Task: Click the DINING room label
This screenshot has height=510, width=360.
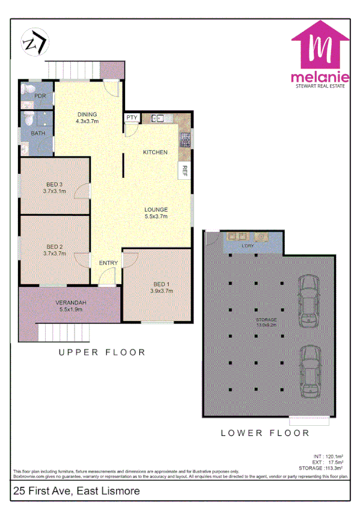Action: click(87, 114)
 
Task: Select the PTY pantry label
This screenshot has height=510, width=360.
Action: click(132, 117)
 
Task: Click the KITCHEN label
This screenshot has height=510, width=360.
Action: click(155, 152)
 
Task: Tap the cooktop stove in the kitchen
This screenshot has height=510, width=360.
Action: click(185, 141)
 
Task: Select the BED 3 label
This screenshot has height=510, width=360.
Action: click(55, 184)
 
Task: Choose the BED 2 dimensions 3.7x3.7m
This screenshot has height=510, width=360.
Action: click(55, 253)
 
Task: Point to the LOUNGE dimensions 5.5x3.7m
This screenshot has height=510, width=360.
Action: click(156, 216)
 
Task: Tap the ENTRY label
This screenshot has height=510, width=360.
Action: click(108, 263)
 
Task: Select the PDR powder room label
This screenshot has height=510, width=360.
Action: click(40, 96)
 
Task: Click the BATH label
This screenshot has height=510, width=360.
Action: click(38, 133)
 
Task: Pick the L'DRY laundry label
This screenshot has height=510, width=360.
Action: click(246, 246)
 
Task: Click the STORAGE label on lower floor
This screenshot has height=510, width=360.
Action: click(265, 320)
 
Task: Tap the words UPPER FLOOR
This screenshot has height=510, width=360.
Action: click(102, 352)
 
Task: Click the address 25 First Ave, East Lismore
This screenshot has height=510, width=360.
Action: click(76, 491)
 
